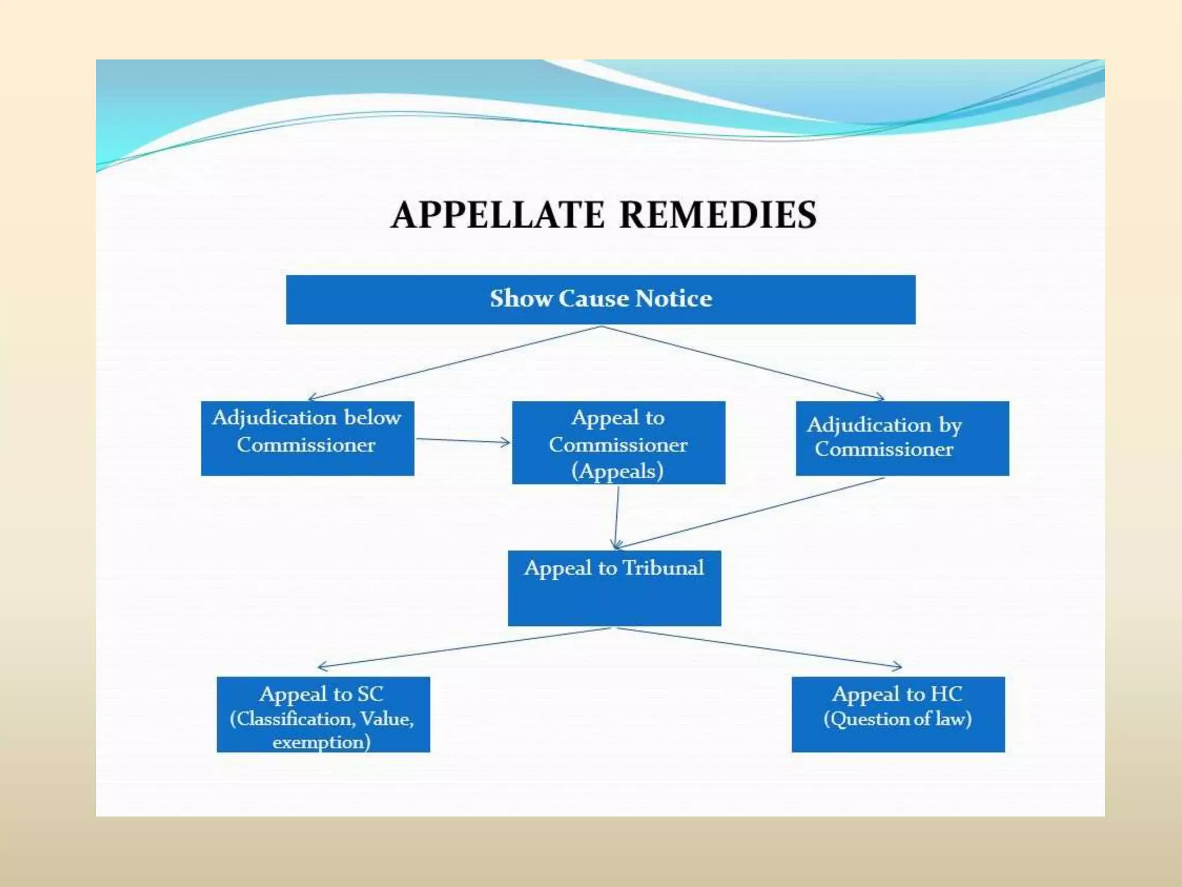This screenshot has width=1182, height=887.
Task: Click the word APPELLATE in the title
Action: coord(498,215)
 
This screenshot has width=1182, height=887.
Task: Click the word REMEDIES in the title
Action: coord(718,215)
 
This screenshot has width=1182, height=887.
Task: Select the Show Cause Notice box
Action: coord(600,299)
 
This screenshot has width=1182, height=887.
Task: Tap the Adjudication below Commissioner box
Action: coord(307,438)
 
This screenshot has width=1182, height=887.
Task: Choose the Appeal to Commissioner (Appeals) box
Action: coord(618,442)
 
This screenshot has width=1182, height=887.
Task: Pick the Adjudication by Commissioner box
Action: coord(902,438)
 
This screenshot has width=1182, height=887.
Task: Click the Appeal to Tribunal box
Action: coord(614,588)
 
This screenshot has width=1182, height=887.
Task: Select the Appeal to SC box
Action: coord(323,714)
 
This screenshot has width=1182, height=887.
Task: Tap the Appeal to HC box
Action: coord(898,714)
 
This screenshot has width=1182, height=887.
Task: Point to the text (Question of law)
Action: coord(897,720)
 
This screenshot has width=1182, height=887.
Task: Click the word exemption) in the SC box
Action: coord(321,743)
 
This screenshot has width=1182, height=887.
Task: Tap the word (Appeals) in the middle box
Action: coord(618,471)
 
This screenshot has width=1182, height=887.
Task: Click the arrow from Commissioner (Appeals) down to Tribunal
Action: coord(617,517)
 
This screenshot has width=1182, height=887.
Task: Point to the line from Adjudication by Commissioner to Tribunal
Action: coord(750,512)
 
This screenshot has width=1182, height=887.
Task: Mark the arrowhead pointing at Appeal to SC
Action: coord(320,666)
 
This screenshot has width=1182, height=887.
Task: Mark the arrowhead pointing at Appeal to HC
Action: coord(899,666)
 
